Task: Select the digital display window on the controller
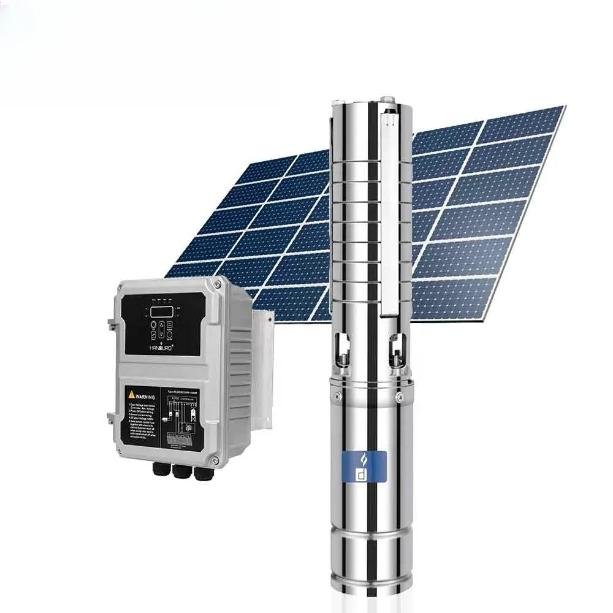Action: (x=162, y=311)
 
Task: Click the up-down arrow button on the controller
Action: (x=161, y=331)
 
